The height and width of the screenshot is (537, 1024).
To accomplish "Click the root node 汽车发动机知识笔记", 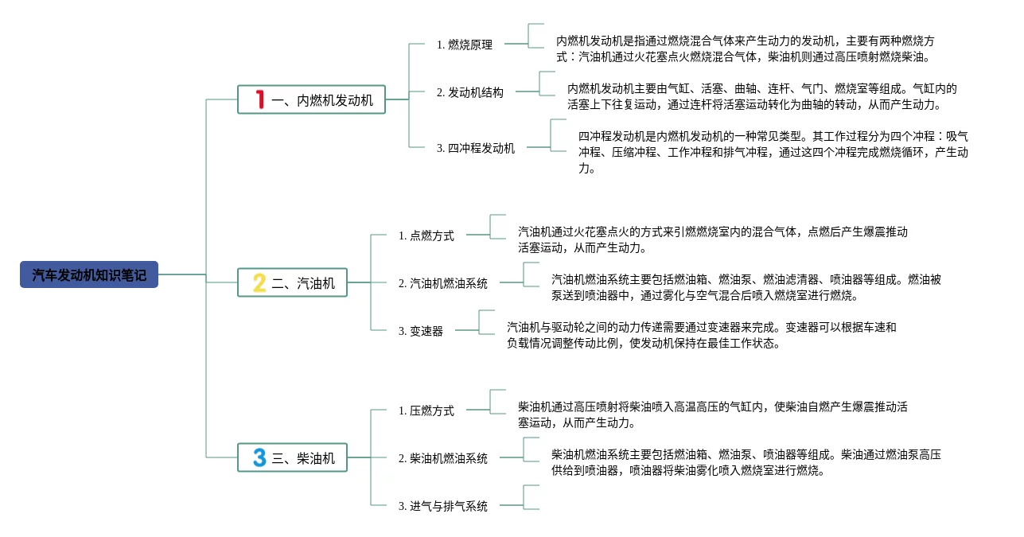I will (89, 275).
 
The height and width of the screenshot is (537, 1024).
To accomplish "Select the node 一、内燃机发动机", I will (311, 100).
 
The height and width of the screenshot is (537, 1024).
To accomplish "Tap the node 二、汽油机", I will (292, 283).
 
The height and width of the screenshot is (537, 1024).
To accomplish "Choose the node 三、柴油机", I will (292, 458).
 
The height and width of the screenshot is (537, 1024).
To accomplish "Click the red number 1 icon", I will (259, 100).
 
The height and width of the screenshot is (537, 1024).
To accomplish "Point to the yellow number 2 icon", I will (259, 283).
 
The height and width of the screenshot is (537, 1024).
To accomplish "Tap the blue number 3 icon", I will (259, 458).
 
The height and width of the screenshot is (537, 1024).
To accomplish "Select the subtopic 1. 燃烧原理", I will (465, 45).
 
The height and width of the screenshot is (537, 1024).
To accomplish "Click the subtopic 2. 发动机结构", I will (470, 93).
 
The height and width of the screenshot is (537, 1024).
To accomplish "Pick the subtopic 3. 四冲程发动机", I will (476, 149).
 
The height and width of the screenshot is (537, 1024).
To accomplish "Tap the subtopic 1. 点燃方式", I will (426, 236).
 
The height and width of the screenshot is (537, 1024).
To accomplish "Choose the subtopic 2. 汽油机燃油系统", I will (443, 284).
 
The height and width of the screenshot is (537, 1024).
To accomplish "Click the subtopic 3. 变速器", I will (421, 332).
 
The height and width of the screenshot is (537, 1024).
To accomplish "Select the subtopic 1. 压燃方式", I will (426, 411).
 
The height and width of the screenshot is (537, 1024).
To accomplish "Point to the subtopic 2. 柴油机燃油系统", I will (443, 459).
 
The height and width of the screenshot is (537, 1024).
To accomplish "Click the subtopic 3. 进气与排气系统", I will (443, 507).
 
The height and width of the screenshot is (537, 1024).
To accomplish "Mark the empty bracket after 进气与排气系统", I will (531, 497).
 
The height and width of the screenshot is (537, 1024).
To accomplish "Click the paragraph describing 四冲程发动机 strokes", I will (773, 152).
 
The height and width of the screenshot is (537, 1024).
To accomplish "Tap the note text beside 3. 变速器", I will (701, 335).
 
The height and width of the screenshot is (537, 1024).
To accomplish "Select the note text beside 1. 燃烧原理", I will (745, 49).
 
